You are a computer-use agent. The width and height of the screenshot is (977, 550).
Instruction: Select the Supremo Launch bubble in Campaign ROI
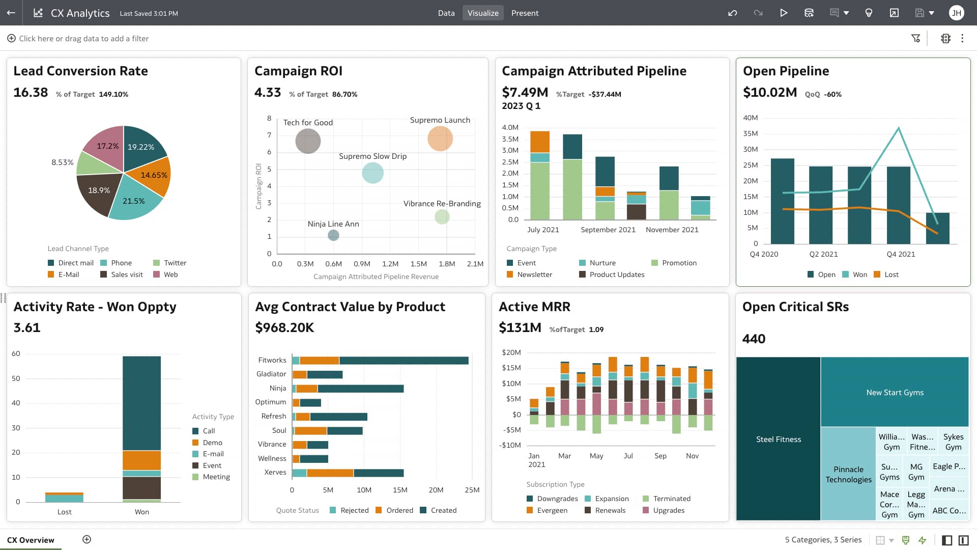[440, 139]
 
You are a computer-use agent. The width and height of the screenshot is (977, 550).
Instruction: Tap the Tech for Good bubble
[308, 141]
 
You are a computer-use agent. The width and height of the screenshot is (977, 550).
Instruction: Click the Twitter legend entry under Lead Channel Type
[175, 263]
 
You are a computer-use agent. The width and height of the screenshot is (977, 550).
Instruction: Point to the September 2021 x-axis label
[608, 230]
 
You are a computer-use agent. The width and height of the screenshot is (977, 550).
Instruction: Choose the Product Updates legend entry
[616, 274]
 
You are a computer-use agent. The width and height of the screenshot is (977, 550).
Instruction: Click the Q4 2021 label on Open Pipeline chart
[901, 254]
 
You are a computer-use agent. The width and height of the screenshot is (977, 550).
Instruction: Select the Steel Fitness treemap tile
[778, 439]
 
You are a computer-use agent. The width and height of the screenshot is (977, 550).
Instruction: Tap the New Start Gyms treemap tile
[895, 392]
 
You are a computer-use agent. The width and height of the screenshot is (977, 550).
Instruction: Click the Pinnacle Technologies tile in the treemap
[848, 474]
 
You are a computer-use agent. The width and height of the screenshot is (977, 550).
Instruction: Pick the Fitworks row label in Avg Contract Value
[272, 360]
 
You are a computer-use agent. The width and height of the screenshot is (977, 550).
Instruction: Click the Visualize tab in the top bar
[483, 13]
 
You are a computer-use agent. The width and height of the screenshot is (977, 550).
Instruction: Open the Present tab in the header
[525, 13]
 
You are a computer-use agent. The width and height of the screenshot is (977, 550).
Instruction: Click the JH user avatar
[956, 13]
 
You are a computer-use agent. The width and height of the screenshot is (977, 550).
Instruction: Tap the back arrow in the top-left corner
[11, 13]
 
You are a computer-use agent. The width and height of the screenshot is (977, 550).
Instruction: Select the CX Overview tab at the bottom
[31, 540]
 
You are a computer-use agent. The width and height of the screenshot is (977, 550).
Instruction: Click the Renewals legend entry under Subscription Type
[610, 510]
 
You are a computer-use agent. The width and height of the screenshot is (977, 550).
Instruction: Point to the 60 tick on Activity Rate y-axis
[16, 353]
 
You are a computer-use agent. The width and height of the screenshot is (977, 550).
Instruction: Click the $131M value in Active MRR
[520, 327]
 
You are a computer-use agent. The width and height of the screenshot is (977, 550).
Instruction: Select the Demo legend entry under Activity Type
[212, 443]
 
